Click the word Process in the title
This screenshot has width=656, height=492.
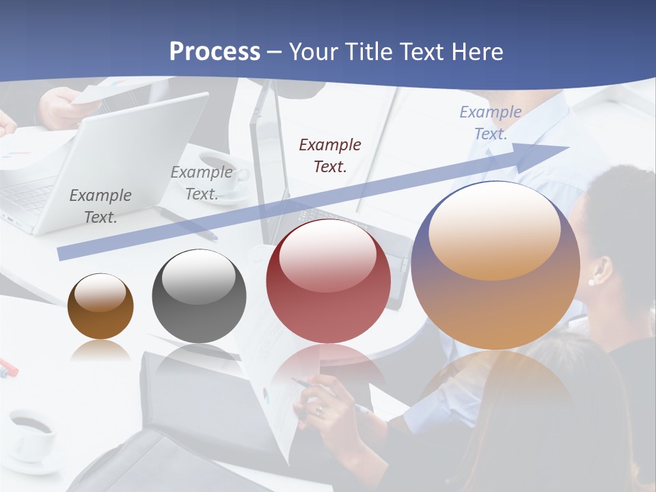coord(215,52)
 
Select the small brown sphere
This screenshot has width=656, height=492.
coord(100,306)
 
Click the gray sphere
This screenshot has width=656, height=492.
coord(199,296)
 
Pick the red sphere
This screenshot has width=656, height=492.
coord(328,280)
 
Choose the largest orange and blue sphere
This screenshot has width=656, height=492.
coord(495,265)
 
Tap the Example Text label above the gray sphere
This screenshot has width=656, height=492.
coord(202,183)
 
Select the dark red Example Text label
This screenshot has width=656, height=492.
coord(330,155)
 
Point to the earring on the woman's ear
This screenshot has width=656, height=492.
coord(591,281)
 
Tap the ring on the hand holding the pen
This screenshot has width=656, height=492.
coord(319,410)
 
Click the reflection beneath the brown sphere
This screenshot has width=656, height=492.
coord(100,350)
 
